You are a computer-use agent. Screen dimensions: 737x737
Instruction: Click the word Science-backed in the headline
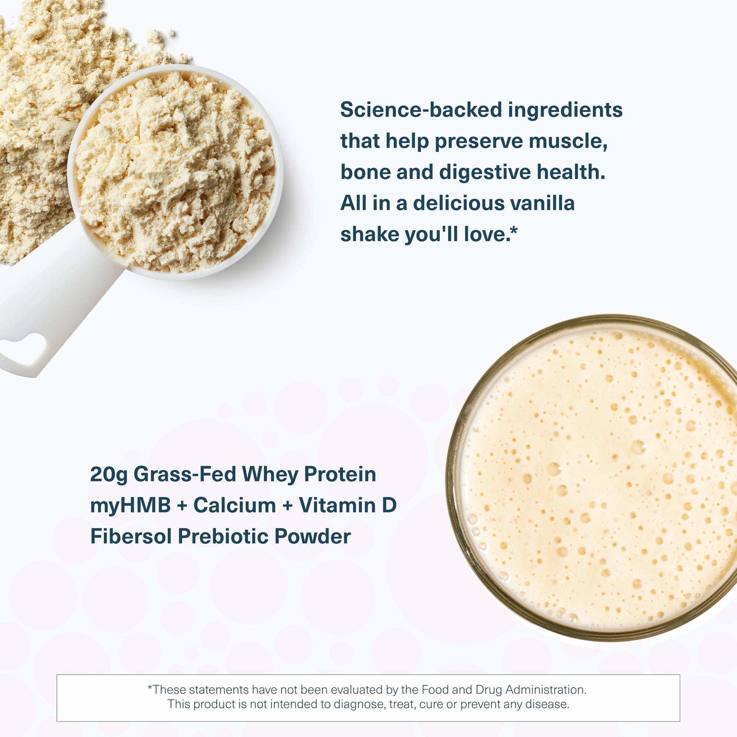pos(420,111)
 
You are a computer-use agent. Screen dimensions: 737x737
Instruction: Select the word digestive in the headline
pos(484,172)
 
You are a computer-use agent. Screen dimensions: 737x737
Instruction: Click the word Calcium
pos(234,506)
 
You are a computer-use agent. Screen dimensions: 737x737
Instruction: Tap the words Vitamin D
pos(348,506)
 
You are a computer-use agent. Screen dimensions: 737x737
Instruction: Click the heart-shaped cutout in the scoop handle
pos(25,348)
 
